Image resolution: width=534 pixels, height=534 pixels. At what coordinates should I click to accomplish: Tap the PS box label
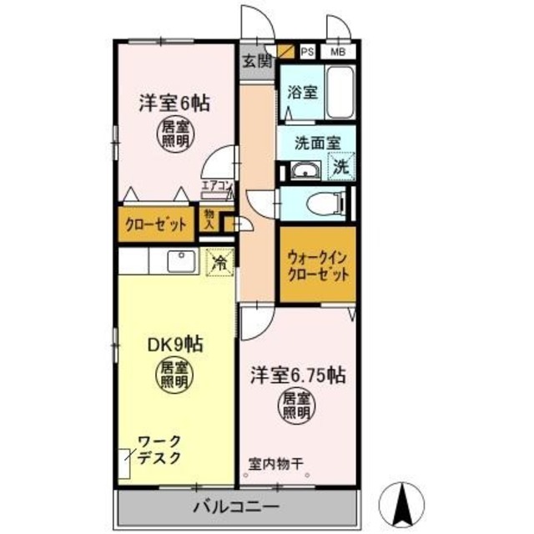tap(307, 50)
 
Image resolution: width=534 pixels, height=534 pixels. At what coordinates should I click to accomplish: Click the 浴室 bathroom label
tap(302, 93)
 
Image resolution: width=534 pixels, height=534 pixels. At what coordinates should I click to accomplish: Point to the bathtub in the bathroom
tap(340, 93)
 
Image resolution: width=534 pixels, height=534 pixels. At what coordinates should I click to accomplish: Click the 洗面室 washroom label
tap(316, 143)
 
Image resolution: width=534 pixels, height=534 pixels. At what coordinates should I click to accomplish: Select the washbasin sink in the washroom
tap(304, 173)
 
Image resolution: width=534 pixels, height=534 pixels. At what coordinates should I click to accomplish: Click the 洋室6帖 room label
tap(173, 103)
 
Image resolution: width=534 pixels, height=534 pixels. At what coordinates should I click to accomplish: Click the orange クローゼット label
tap(156, 224)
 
